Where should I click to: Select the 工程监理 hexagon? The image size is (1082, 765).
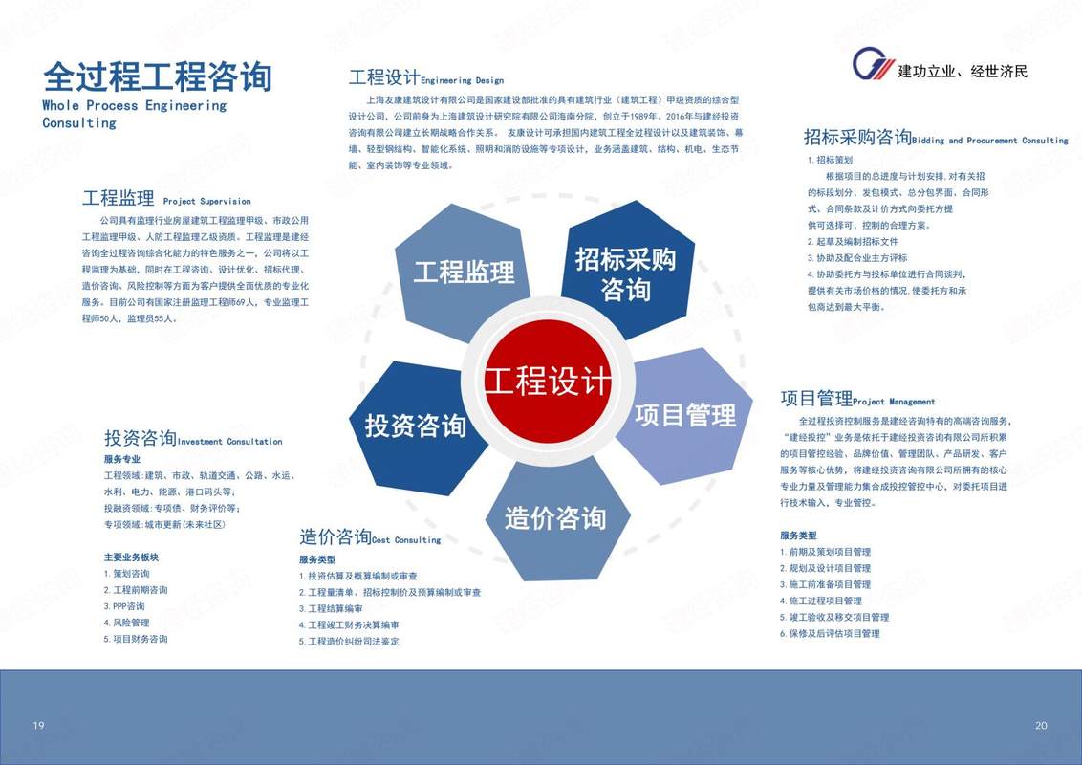pyautogui.click(x=463, y=272)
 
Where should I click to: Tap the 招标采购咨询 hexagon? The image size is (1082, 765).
pyautogui.click(x=627, y=270)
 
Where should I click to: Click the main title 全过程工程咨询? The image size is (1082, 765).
pyautogui.click(x=158, y=76)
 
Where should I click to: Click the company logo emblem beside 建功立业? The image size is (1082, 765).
pyautogui.click(x=873, y=64)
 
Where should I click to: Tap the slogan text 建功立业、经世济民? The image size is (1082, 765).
pyautogui.click(x=963, y=71)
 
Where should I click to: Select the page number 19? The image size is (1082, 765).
pyautogui.click(x=38, y=725)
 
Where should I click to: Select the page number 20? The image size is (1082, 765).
pyautogui.click(x=1041, y=725)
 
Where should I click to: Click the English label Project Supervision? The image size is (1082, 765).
pyautogui.click(x=207, y=202)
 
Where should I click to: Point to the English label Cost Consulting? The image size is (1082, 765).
pyautogui.click(x=406, y=540)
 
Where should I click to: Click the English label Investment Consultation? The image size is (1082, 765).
pyautogui.click(x=229, y=441)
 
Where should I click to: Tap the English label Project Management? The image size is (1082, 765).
pyautogui.click(x=894, y=401)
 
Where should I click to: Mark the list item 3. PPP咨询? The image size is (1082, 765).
pyautogui.click(x=124, y=606)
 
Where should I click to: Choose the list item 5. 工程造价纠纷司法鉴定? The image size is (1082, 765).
pyautogui.click(x=349, y=642)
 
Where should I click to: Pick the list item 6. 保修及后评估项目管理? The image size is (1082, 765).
pyautogui.click(x=830, y=633)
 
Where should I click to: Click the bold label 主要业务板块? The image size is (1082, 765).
pyautogui.click(x=131, y=557)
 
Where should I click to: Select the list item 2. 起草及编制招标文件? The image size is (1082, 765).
pyautogui.click(x=853, y=242)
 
